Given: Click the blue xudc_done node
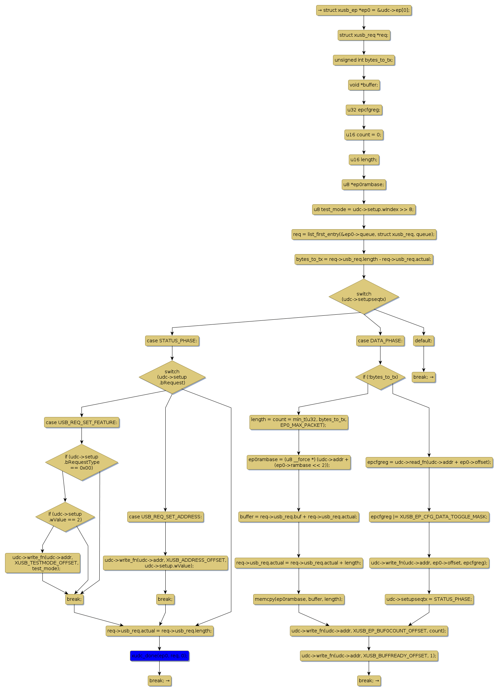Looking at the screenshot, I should [x=159, y=656].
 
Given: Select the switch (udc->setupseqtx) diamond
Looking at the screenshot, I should [x=364, y=297].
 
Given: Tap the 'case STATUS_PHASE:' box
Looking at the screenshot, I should [x=172, y=341].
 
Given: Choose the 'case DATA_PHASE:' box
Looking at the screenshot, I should [x=380, y=341].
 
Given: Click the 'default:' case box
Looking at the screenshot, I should [x=423, y=341].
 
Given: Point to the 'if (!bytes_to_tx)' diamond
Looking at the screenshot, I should [x=380, y=377].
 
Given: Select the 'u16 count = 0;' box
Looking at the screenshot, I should [x=364, y=135].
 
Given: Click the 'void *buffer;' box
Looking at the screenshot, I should [x=364, y=85].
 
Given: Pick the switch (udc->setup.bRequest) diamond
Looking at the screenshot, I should [x=172, y=377].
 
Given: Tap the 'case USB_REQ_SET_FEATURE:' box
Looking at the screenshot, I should [x=81, y=422].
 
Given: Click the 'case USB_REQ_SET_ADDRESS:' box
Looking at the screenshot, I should [x=165, y=517].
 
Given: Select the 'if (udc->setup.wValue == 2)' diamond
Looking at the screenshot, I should [x=65, y=517].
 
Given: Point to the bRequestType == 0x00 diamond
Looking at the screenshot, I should [x=81, y=462].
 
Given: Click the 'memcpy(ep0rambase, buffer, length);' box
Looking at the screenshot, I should [x=299, y=599].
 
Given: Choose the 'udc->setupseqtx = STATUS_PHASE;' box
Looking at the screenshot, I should [x=429, y=599].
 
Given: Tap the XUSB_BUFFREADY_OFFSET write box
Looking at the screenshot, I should [x=369, y=656].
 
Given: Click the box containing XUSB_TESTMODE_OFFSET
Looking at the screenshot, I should [x=43, y=563].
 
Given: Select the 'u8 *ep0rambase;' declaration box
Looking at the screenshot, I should [x=364, y=184].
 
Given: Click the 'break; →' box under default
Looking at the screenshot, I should [x=423, y=377].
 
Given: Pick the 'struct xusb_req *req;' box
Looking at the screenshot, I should [x=364, y=35].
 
